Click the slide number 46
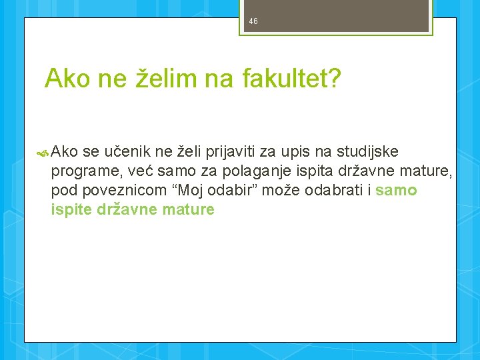click(253, 21)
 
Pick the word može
click(281, 191)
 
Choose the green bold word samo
click(397, 191)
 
